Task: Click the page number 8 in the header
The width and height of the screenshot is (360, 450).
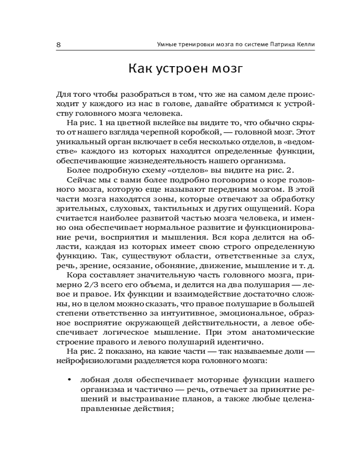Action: pos(59,45)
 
